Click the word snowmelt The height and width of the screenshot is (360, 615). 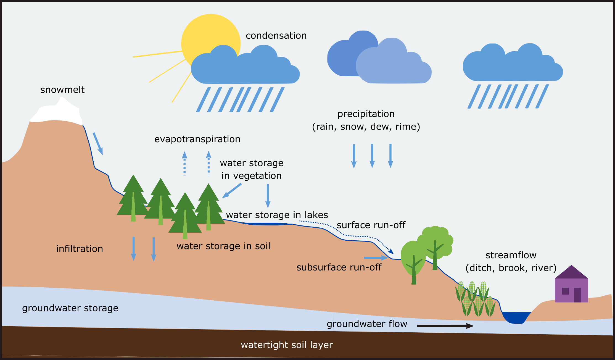pos(62,90)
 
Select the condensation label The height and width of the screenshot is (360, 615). pos(276,36)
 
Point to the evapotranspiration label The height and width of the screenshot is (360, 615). pos(197,139)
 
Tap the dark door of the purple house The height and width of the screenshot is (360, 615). pos(577,295)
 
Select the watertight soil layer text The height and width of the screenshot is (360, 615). pos(287,345)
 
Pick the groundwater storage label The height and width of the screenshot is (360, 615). pos(70,308)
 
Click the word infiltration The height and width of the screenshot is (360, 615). pos(80,249)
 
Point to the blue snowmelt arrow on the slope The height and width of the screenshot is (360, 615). pos(98,143)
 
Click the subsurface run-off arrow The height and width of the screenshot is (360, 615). pos(376,258)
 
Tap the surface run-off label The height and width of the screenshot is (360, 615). pos(371,225)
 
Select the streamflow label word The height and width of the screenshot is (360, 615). pos(511,255)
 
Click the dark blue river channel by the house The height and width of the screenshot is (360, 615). pos(516,317)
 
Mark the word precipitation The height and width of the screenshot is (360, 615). pos(366,114)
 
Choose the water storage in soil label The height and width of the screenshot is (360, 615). pos(223,246)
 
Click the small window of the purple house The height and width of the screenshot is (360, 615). pos(565,291)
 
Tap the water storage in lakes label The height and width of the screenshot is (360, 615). pos(277,215)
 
